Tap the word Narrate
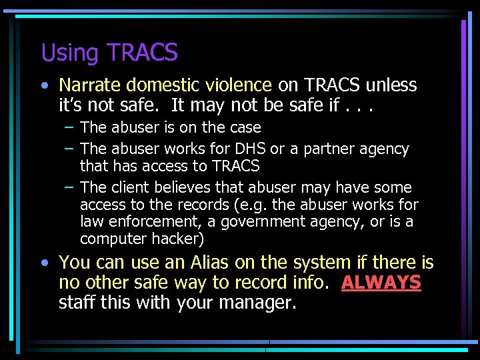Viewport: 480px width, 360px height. [x=89, y=85]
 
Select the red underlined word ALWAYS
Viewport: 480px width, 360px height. [x=381, y=283]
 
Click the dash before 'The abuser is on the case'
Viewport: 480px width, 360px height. [x=69, y=127]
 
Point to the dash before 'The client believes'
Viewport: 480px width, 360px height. [x=69, y=188]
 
